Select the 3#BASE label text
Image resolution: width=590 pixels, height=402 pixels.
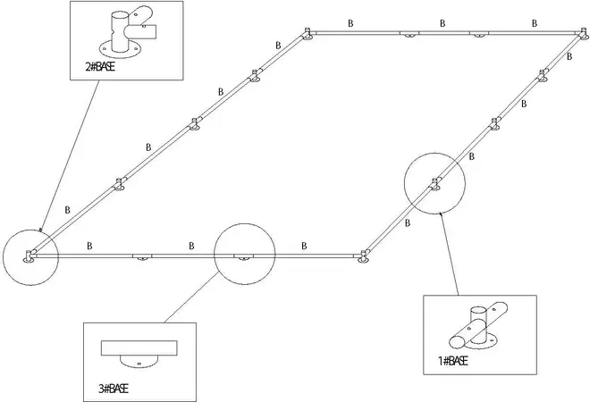coord(113,388)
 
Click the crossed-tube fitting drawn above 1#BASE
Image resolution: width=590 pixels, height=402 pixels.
coord(480,326)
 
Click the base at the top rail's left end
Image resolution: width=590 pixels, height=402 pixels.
coord(307,34)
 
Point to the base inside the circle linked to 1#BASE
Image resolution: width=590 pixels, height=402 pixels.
coord(435,185)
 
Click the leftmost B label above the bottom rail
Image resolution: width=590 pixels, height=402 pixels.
coord(88,244)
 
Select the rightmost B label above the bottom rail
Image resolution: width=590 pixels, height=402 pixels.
coord(304,244)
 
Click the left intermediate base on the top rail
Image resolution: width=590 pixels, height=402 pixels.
coord(408,34)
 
